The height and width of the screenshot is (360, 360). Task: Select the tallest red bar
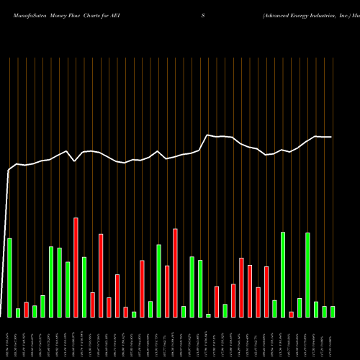click(x=76, y=267)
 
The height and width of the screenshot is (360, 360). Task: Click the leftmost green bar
click(x=9, y=277)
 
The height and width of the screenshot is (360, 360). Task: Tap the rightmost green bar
click(x=332, y=311)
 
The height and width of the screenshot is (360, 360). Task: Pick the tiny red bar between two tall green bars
click(x=291, y=314)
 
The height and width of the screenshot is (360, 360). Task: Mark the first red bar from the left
click(x=26, y=310)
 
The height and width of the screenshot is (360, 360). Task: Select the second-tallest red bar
click(x=175, y=273)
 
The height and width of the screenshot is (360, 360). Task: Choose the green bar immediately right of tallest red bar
click(x=84, y=287)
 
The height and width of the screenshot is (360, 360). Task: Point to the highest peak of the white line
click(x=208, y=135)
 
